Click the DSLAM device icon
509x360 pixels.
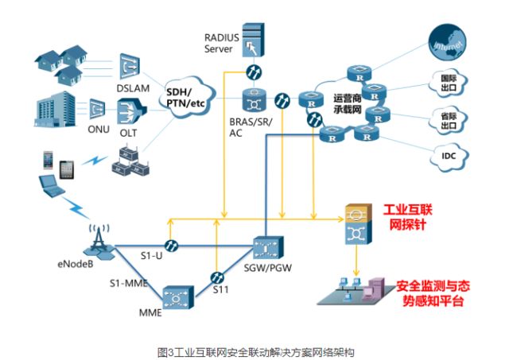(x=129, y=66)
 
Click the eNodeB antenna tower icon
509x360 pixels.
(x=97, y=231)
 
